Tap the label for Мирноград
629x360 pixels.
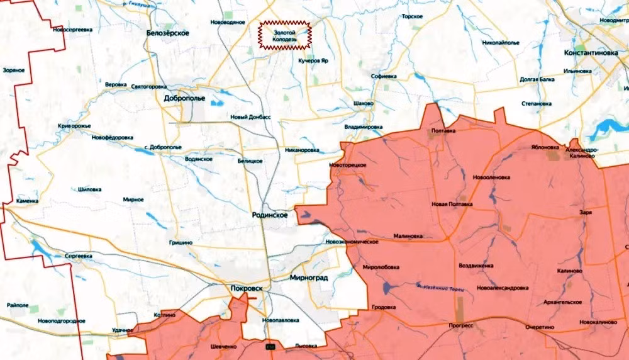click(x=309, y=278)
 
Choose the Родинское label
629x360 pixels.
click(x=269, y=215)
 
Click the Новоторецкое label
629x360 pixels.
click(x=347, y=164)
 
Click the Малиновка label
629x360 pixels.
click(x=408, y=237)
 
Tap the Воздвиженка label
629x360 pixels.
click(x=476, y=265)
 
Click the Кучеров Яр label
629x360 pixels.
click(x=314, y=61)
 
